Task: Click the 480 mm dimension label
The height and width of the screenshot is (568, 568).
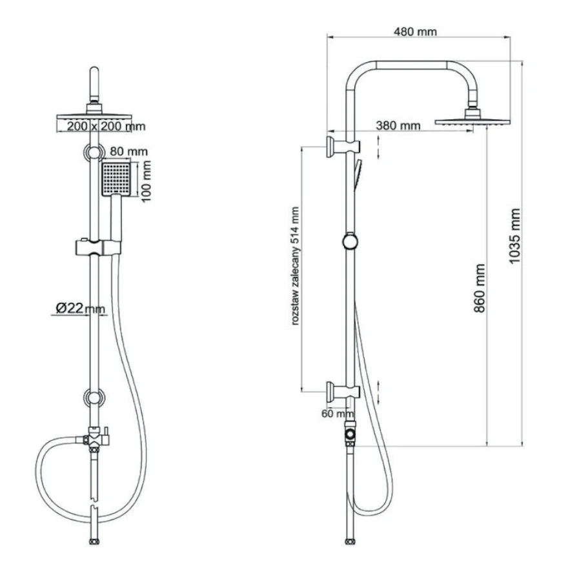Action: click(415, 32)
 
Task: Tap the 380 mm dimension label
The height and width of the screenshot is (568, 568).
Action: click(398, 126)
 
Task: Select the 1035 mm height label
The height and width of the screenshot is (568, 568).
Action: click(514, 236)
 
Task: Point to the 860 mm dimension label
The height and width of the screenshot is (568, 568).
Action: click(479, 288)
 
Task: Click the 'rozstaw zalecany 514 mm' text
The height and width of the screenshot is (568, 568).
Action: click(295, 266)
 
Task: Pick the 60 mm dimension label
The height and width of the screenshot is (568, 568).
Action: click(338, 413)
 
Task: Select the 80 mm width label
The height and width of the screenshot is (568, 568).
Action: click(128, 151)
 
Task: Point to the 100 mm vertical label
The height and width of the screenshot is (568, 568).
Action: click(146, 182)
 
